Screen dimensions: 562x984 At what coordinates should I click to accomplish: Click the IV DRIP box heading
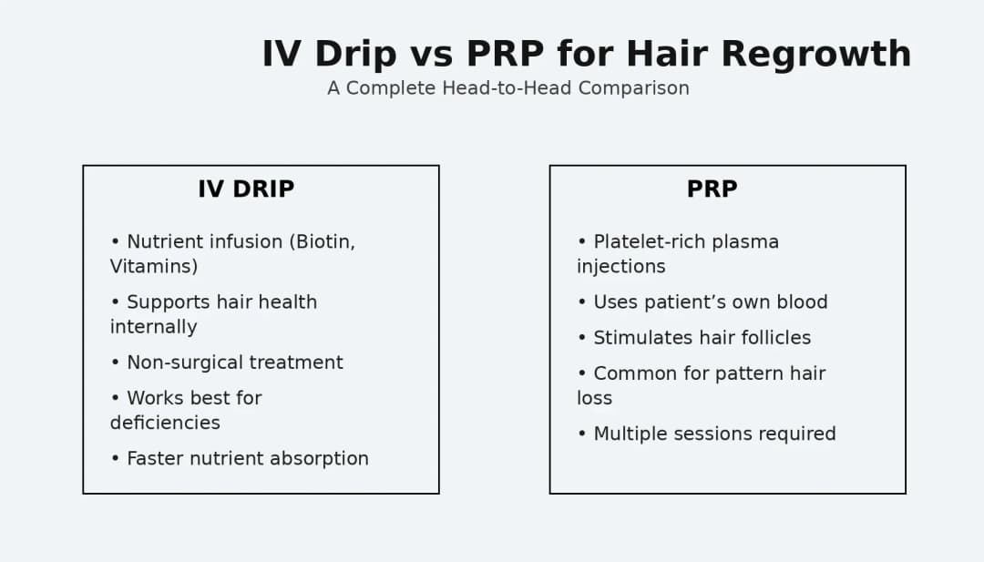246,189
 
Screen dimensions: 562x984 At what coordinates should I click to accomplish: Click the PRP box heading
712,189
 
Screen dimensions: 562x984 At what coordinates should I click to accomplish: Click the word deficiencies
165,423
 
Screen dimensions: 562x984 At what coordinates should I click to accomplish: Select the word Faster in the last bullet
156,459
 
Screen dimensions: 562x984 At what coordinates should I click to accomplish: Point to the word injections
620,267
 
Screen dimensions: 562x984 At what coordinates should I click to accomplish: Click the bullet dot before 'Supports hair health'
115,302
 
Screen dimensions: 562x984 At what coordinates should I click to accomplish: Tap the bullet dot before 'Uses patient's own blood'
581,302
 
